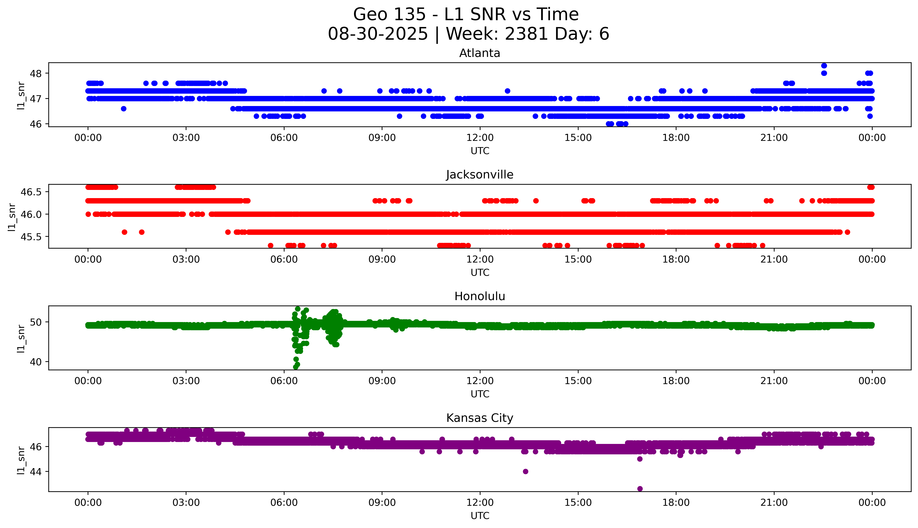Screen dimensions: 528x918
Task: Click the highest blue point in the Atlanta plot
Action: [x=824, y=66]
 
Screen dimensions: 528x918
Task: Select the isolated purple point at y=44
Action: [x=526, y=471]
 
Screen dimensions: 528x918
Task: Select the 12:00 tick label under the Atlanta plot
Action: [x=480, y=138]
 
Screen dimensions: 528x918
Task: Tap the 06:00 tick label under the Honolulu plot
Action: [x=284, y=381]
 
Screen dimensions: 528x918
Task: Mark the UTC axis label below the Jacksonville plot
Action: [x=480, y=272]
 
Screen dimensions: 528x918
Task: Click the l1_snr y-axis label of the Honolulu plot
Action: [x=21, y=338]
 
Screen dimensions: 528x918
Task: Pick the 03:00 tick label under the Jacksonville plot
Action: [x=186, y=259]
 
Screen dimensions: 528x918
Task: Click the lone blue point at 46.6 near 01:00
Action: [x=123, y=108]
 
